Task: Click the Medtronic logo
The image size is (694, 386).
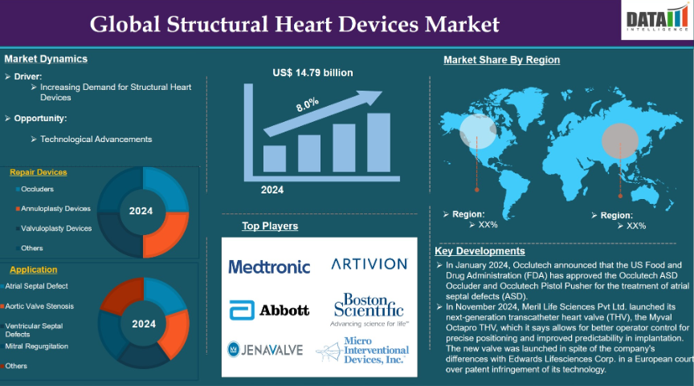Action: (269, 266)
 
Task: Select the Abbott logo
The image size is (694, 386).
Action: (269, 310)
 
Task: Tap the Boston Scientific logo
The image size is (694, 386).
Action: (369, 310)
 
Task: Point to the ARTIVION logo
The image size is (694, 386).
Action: (369, 264)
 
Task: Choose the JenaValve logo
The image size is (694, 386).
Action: (265, 350)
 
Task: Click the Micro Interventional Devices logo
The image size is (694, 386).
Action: (362, 350)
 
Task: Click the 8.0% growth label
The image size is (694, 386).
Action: (307, 104)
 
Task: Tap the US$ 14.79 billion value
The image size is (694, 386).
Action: (313, 72)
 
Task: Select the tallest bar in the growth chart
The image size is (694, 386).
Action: (378, 142)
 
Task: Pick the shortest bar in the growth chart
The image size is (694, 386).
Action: (275, 159)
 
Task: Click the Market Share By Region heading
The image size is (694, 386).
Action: (501, 59)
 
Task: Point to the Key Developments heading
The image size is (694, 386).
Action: (480, 251)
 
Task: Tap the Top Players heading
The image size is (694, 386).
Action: (270, 226)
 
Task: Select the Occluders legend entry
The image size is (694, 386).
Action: (35, 189)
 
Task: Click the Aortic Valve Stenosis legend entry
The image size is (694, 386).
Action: (37, 306)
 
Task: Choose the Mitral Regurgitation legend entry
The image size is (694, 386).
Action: (35, 346)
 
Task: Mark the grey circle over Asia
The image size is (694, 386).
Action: (619, 140)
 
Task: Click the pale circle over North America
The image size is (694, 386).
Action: (478, 132)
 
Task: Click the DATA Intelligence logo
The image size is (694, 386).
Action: (657, 20)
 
